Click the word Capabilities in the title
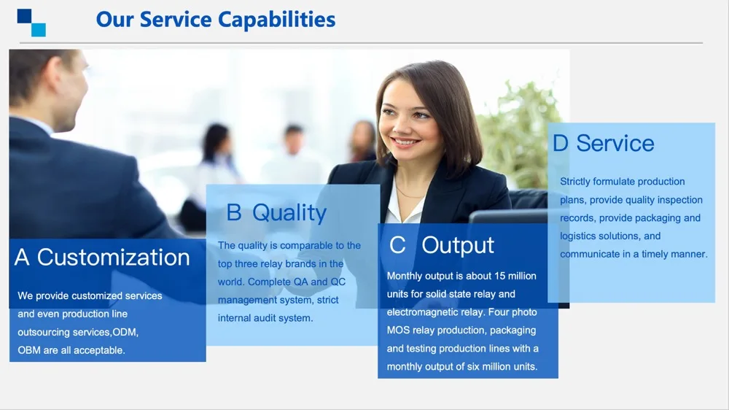pyautogui.click(x=276, y=20)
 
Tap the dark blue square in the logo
pyautogui.click(x=24, y=16)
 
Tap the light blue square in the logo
pyautogui.click(x=39, y=30)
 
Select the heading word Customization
pyautogui.click(x=114, y=258)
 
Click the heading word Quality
pyautogui.click(x=289, y=213)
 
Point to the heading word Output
pyautogui.click(x=458, y=245)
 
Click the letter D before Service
pyautogui.click(x=561, y=143)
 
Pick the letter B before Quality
pyautogui.click(x=234, y=213)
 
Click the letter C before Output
pyautogui.click(x=397, y=245)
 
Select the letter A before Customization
pyautogui.click(x=22, y=258)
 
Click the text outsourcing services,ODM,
pyautogui.click(x=78, y=332)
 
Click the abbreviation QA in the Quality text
pyautogui.click(x=300, y=282)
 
